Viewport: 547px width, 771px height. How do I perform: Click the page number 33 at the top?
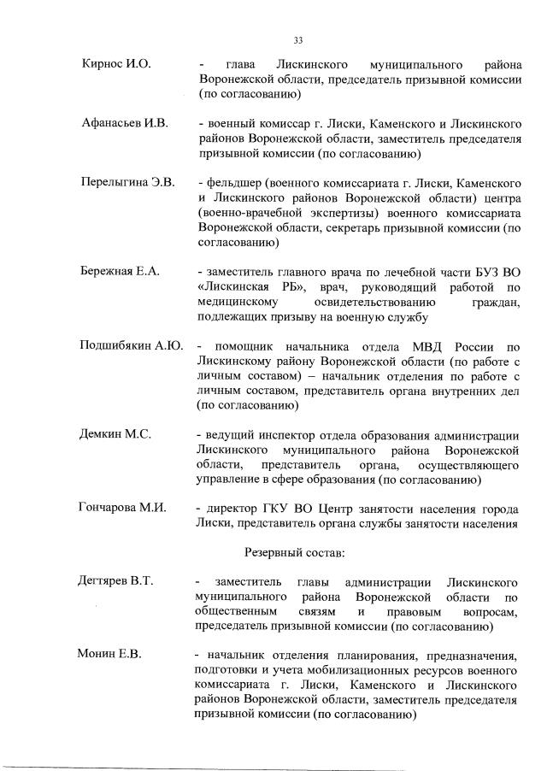click(298, 40)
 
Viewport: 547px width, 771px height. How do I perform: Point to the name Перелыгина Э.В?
click(127, 183)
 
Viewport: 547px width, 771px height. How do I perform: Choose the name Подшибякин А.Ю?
click(131, 346)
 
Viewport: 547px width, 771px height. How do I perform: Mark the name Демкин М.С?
click(115, 434)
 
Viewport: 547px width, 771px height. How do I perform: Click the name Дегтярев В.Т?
click(117, 582)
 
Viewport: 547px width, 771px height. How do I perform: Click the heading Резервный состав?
click(295, 552)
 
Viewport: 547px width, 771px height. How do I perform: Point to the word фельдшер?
click(232, 184)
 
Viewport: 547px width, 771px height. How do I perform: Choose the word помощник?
click(249, 346)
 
